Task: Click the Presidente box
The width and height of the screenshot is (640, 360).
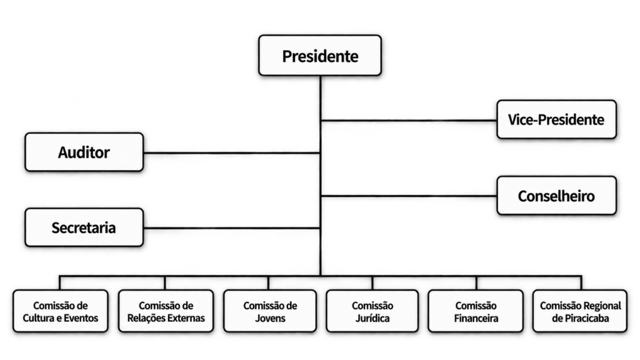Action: (320, 56)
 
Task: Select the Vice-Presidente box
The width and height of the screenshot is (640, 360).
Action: (556, 119)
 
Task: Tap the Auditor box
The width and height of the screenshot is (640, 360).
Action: (84, 152)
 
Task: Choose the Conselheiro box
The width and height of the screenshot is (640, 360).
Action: (556, 196)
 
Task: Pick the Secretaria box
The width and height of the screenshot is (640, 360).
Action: (84, 227)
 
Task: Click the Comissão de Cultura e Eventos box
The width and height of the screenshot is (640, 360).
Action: (61, 311)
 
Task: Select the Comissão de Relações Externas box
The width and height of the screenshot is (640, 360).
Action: (166, 311)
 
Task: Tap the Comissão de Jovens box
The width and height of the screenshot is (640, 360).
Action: (270, 311)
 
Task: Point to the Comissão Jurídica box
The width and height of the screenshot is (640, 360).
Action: (372, 311)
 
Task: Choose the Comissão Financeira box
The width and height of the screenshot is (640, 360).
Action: (476, 311)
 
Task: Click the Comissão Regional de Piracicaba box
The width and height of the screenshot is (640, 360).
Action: (580, 311)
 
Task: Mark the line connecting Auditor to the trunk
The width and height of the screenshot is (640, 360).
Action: (232, 153)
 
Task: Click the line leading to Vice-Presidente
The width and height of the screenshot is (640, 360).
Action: (409, 121)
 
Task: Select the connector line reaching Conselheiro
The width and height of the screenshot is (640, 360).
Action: (409, 196)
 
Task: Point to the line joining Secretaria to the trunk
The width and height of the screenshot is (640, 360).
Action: (232, 228)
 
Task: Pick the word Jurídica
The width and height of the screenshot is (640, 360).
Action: (372, 318)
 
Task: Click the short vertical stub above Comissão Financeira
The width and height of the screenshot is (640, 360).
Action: (476, 283)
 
